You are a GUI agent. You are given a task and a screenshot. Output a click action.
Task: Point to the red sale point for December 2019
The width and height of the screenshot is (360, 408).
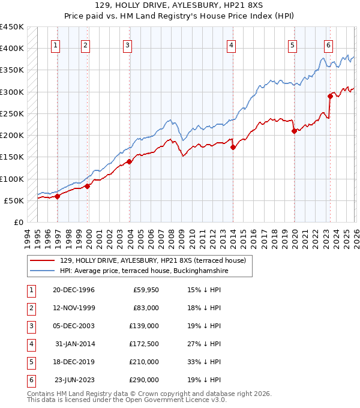click(294, 131)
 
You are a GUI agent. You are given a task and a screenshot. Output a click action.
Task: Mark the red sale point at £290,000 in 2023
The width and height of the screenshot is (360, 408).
click(330, 96)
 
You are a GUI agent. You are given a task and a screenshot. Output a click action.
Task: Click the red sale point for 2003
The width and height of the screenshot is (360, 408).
click(129, 161)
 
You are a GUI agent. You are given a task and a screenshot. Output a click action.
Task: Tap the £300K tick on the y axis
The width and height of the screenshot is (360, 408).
click(12, 92)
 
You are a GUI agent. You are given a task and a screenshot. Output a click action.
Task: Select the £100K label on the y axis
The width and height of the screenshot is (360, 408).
click(12, 179)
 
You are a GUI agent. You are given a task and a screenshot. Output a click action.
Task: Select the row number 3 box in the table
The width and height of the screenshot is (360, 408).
click(30, 326)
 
